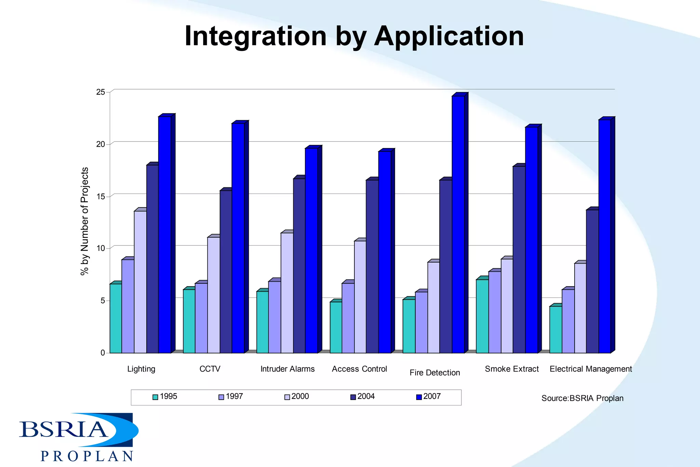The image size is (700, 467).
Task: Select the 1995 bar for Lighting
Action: tap(116, 318)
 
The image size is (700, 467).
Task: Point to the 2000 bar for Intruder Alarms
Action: tap(287, 293)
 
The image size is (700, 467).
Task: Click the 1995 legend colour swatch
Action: tap(155, 397)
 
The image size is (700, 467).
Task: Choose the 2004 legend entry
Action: tap(363, 397)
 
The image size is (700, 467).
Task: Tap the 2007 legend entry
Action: tap(429, 397)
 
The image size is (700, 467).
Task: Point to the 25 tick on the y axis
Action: tap(100, 92)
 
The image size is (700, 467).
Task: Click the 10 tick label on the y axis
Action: tap(100, 248)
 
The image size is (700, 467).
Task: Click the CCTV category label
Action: tap(210, 369)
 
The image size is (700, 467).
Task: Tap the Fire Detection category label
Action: tap(435, 373)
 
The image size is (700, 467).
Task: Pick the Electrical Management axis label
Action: tap(591, 369)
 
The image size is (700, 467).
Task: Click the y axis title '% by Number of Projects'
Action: tap(84, 221)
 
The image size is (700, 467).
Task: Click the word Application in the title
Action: tap(449, 36)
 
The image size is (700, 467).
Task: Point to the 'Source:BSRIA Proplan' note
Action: tap(582, 398)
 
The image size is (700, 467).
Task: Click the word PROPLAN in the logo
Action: tap(87, 456)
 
